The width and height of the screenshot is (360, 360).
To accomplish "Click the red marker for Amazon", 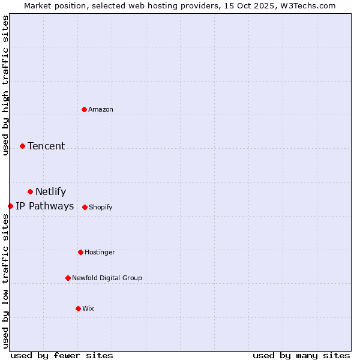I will point(84,109).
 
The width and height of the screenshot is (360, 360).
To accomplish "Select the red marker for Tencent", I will point(22,146).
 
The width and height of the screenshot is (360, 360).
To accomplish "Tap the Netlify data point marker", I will point(30,191).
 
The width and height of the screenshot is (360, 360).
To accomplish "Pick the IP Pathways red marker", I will point(10,206).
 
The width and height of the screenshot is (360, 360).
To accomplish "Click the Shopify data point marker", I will point(85,207).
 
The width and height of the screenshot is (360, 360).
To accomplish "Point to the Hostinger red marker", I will point(80,252).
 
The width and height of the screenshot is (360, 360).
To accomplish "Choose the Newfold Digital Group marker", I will point(68,278).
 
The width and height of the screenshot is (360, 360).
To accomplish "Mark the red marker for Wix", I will point(78,308).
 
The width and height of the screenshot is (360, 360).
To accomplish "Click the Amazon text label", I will point(101,109).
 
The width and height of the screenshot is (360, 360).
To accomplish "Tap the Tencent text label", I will point(46,146).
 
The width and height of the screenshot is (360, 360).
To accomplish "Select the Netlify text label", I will point(51,192).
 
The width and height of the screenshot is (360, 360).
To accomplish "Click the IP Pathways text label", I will point(45,206).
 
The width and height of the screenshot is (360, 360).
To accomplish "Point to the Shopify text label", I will point(101,207).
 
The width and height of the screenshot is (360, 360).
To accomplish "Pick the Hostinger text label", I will point(100,252).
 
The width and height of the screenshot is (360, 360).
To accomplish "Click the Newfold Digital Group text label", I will point(107,278).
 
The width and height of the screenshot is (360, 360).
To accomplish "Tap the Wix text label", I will point(88,308).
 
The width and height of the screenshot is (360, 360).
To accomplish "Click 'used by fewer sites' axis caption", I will point(62,355).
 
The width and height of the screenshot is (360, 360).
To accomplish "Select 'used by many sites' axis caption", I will point(301,355).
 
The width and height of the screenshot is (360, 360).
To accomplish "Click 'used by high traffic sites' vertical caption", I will point(5,85).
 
